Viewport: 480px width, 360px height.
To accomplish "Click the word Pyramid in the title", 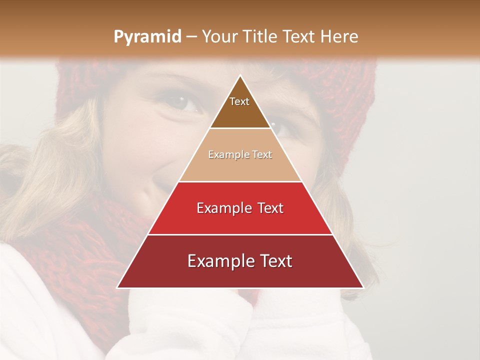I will click(147, 37).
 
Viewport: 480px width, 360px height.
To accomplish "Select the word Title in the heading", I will click(259, 37).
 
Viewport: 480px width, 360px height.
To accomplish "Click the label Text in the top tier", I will click(239, 101).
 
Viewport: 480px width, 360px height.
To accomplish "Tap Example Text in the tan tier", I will click(240, 154).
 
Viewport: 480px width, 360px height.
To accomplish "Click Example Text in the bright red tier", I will click(240, 208).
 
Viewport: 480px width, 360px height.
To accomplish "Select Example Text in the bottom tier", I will click(240, 261).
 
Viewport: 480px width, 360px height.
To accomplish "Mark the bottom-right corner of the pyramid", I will click(363, 287).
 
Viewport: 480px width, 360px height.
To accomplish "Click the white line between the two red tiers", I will click(240, 234).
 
